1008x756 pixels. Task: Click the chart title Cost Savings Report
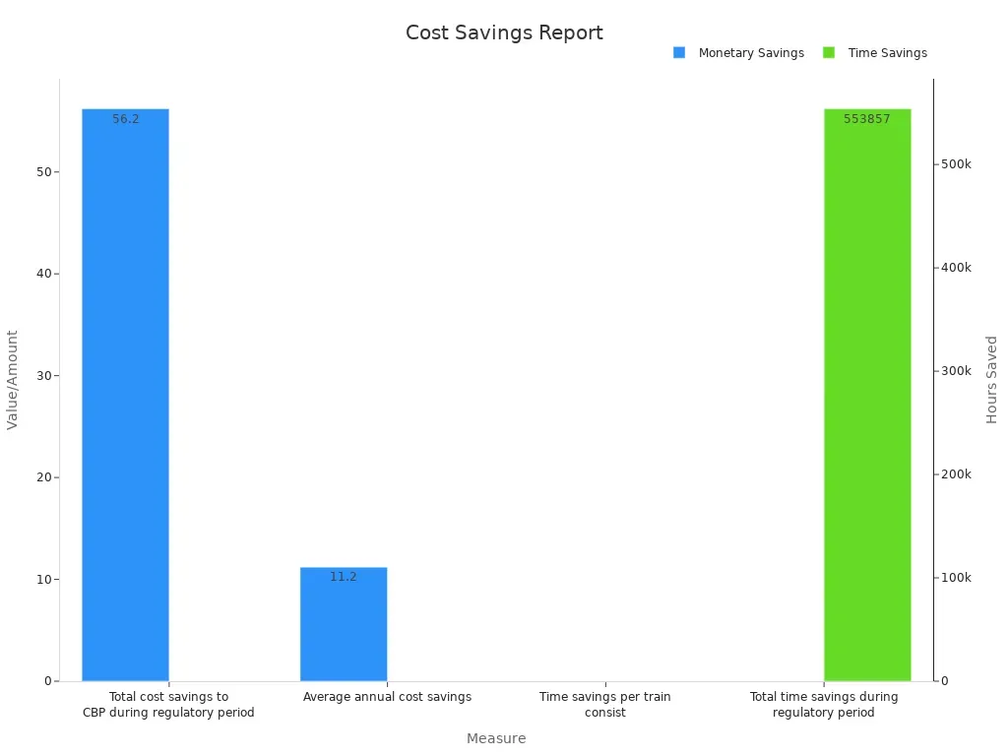tap(504, 32)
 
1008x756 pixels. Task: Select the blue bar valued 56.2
tap(125, 394)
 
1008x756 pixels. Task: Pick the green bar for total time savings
tap(867, 394)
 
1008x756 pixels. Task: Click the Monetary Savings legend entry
tap(739, 53)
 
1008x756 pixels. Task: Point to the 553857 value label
tap(867, 119)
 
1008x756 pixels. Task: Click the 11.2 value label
tap(344, 577)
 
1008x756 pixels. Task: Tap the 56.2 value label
tap(125, 119)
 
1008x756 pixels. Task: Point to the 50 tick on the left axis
tap(43, 172)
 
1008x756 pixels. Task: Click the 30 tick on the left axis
tap(43, 376)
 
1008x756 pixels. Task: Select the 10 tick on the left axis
tap(43, 580)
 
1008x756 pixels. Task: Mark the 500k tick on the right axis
tap(956, 164)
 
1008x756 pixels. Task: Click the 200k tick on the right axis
tap(956, 474)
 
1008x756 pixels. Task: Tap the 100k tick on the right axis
tap(956, 578)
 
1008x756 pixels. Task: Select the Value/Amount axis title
tap(13, 379)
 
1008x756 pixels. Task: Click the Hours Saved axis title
tap(991, 379)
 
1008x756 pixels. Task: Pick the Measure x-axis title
tap(496, 738)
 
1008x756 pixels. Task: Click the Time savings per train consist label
tap(605, 704)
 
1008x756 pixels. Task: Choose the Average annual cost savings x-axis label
tap(387, 697)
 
